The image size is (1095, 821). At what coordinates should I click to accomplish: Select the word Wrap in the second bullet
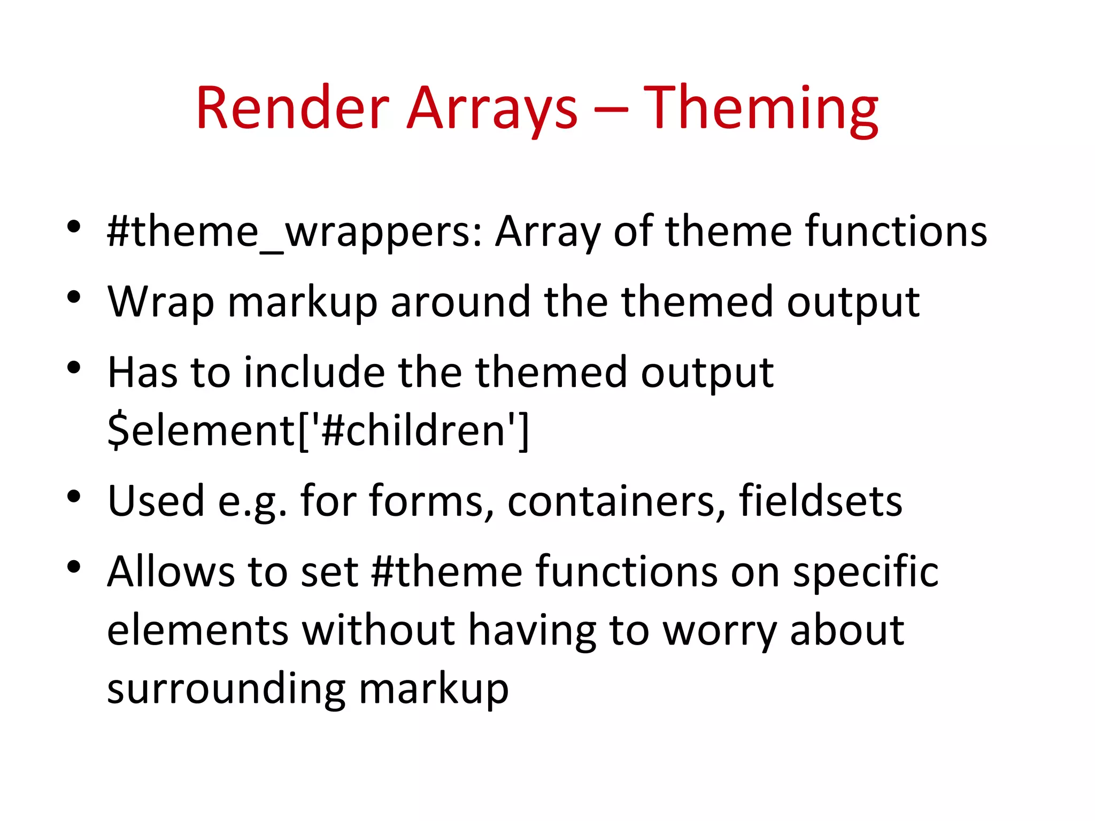(x=161, y=302)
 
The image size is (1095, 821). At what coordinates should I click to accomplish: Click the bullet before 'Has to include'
(x=74, y=367)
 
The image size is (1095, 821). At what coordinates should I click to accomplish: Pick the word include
(x=314, y=373)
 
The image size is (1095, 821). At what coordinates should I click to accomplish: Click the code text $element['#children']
(x=318, y=430)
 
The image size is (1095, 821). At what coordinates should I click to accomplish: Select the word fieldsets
(x=820, y=501)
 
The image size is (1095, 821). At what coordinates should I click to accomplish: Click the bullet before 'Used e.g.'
(x=74, y=497)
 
